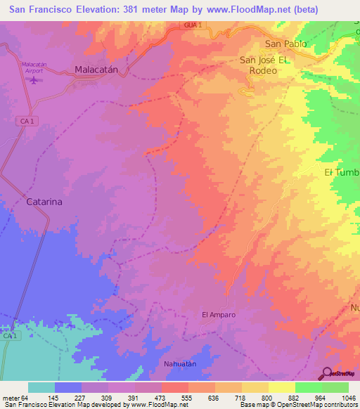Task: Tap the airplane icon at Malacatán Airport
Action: click(x=33, y=79)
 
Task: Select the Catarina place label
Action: click(x=44, y=201)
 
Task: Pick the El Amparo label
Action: click(x=219, y=315)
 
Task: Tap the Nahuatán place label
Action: click(x=181, y=363)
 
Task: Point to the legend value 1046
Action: click(x=348, y=398)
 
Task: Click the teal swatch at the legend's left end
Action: click(x=41, y=387)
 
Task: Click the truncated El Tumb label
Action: click(x=342, y=173)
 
